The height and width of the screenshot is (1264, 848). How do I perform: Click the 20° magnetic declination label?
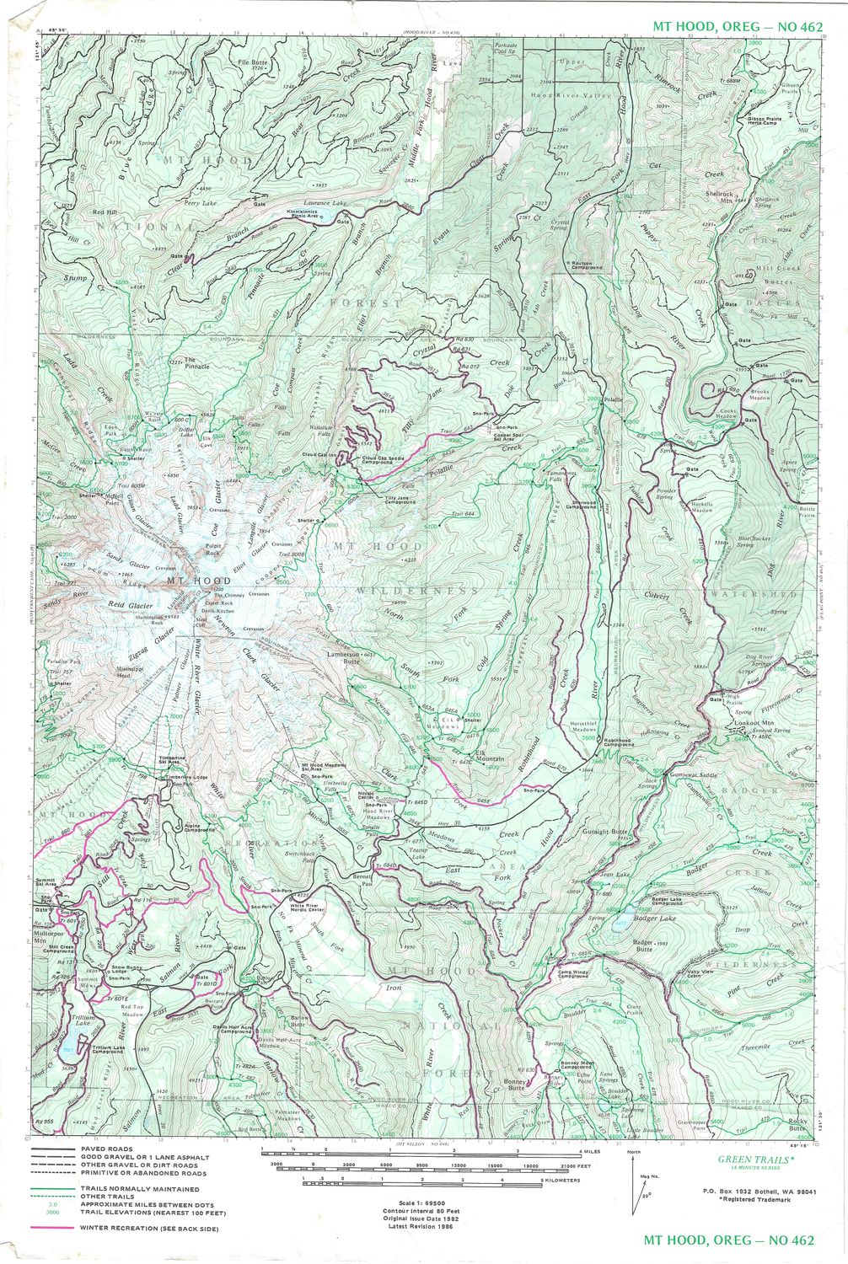click(647, 1196)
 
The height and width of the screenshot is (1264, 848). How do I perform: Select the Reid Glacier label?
click(128, 605)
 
